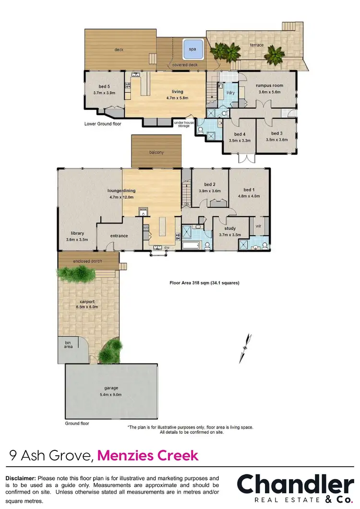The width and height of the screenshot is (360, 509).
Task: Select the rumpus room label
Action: click(269, 85)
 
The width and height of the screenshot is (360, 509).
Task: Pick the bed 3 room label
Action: click(276, 133)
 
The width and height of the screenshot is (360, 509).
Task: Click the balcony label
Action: click(156, 152)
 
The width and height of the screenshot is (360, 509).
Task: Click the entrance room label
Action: click(119, 236)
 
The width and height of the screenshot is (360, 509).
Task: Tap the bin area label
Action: click(68, 344)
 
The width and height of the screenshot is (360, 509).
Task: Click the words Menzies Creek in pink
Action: click(148, 455)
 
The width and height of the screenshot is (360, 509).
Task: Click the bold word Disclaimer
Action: click(20, 478)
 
